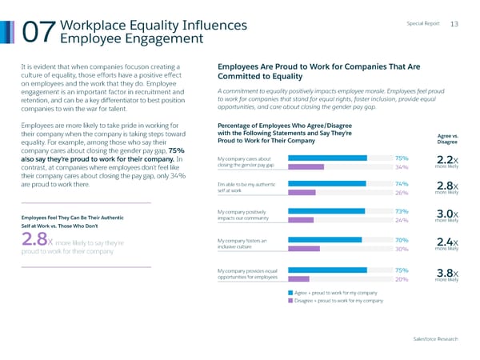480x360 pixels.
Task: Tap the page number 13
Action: [454, 25]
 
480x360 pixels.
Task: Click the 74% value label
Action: [402, 184]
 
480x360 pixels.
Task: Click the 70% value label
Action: [402, 239]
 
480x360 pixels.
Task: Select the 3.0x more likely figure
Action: [447, 216]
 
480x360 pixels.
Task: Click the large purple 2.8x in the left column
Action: [15, 241]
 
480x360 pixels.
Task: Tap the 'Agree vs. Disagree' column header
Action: [445, 139]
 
